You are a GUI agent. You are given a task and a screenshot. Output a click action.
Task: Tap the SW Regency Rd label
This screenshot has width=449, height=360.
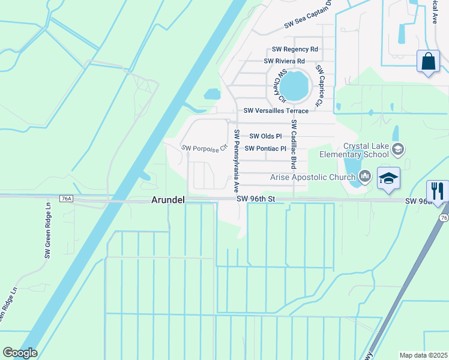(295, 49)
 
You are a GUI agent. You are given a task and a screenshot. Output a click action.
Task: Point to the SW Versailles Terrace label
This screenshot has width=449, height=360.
(276, 111)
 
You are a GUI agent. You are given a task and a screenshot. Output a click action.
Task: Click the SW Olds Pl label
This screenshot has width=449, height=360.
(265, 136)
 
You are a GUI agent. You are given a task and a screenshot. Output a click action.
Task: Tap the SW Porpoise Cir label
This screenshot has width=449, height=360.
(205, 147)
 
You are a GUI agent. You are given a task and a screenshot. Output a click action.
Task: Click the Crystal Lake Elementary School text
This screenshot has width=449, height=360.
(366, 150)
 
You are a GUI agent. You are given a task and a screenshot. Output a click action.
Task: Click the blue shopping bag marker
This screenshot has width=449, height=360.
(428, 61)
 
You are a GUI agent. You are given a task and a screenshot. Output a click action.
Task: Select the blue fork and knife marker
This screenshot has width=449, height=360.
(438, 191)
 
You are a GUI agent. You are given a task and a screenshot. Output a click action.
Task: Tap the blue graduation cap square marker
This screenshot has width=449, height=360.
(389, 178)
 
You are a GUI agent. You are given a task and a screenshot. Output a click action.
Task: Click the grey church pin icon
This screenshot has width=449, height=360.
(364, 175)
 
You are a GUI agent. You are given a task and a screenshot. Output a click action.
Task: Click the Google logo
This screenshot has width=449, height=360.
(20, 353)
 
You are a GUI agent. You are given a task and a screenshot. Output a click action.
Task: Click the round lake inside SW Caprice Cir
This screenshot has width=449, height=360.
(294, 86)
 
